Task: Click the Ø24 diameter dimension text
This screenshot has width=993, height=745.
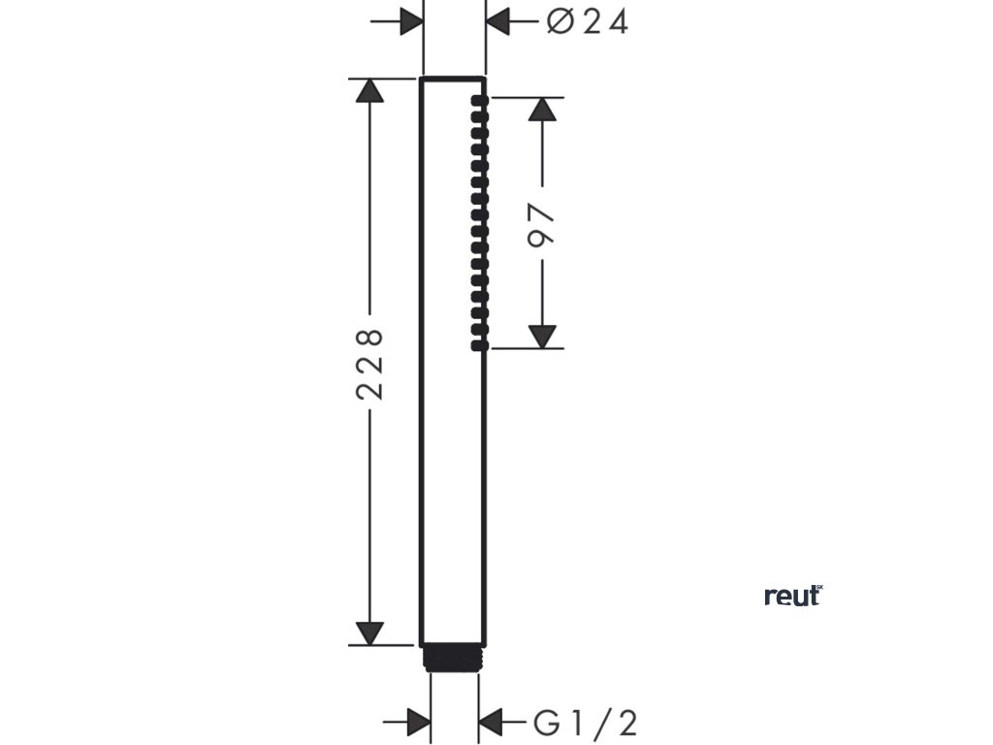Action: (587, 20)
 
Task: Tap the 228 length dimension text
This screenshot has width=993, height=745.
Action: (369, 364)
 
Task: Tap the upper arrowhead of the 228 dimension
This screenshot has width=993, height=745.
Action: (368, 90)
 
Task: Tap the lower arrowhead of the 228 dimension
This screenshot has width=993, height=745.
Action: (368, 632)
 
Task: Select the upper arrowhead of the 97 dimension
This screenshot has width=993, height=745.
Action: (543, 109)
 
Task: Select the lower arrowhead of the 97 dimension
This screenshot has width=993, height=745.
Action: (543, 336)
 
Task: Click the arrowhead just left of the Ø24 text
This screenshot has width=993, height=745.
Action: (498, 20)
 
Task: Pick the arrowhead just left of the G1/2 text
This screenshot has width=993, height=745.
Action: (492, 722)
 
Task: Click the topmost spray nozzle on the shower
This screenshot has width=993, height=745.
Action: (477, 100)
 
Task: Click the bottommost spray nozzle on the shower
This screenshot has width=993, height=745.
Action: (477, 343)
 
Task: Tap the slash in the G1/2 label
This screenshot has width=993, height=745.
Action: (602, 722)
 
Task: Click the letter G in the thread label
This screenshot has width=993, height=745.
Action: (545, 722)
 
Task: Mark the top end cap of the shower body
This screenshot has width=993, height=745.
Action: (454, 77)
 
